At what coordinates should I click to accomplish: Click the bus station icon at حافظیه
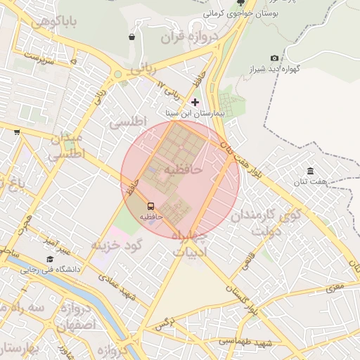coord(150,206)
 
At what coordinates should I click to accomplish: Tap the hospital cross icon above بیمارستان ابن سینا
coord(195,102)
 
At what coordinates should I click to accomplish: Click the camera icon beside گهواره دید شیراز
coord(274,58)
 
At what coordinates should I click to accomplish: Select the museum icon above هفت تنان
coord(310,172)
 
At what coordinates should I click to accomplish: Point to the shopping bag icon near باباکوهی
coord(131,37)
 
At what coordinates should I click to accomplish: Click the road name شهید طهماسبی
coord(245,341)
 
